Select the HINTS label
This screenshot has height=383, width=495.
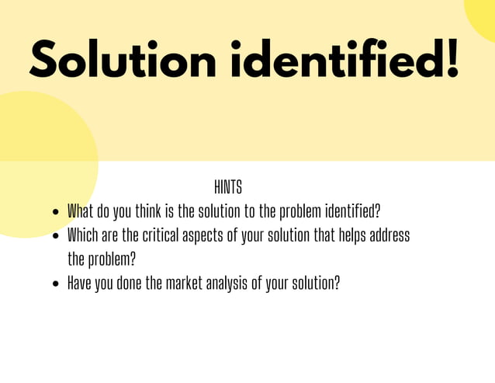[227, 187]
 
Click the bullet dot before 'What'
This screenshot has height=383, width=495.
[55, 212]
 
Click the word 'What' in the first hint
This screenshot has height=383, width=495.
[79, 211]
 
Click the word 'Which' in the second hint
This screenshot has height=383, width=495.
[81, 235]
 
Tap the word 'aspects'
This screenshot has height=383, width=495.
[202, 235]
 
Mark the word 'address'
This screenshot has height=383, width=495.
[391, 235]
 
